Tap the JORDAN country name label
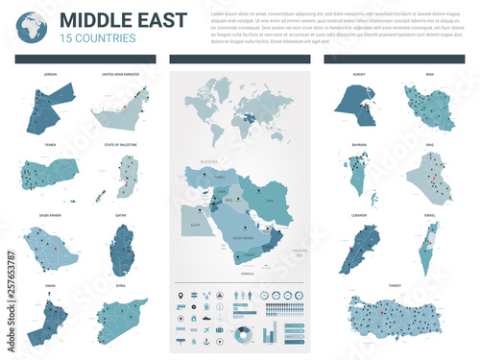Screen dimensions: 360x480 [49, 73]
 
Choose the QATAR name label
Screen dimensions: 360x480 [121, 217]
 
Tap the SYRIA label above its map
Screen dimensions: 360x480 [121, 287]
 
